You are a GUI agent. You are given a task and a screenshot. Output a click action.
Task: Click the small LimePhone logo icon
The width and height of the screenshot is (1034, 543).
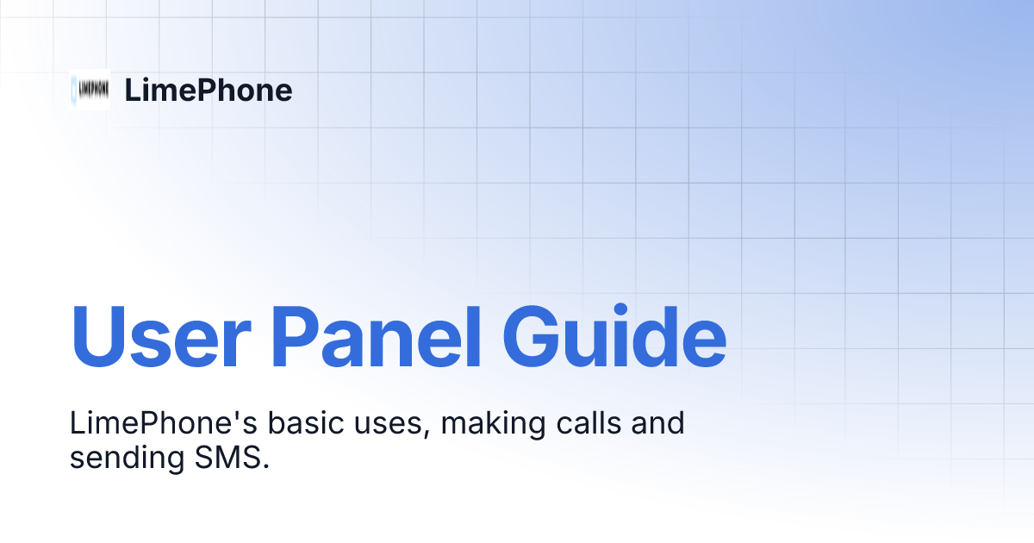coord(90,90)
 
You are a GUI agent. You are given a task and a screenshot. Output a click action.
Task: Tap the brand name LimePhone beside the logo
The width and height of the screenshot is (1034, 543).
coord(209,90)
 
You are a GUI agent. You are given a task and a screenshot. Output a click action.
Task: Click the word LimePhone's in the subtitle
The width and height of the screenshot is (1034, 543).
coord(162,424)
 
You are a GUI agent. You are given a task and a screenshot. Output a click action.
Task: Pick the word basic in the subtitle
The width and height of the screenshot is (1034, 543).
coord(302,424)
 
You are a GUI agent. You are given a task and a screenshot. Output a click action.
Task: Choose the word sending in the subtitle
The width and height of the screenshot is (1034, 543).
coord(124,458)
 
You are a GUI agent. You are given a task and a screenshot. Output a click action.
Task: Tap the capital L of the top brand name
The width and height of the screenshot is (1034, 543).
coord(133,90)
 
